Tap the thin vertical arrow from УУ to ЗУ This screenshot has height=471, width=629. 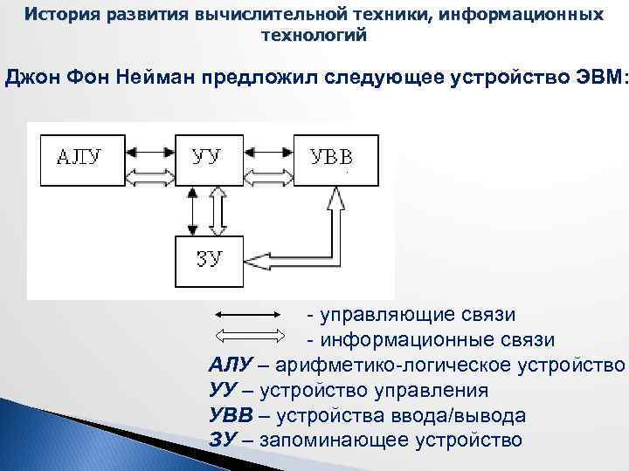point(193,209)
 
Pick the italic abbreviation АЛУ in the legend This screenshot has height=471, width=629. point(231,364)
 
